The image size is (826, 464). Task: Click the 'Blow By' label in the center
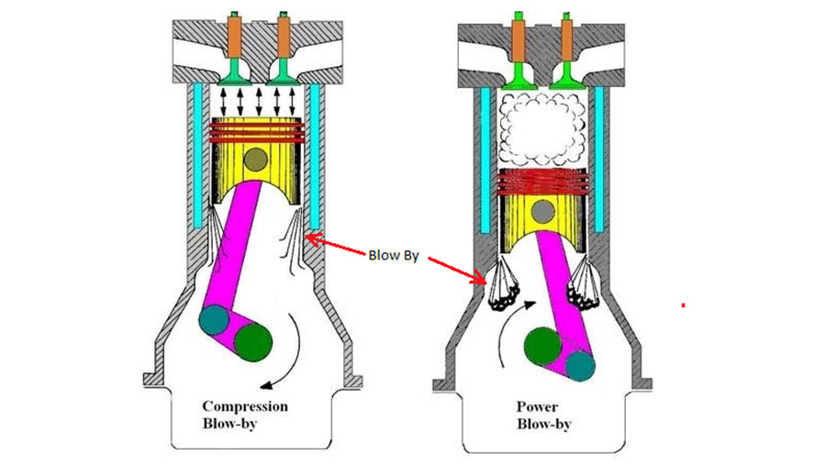pyautogui.click(x=394, y=256)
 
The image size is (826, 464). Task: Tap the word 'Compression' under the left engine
pyautogui.click(x=245, y=406)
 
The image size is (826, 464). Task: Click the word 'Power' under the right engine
pyautogui.click(x=537, y=406)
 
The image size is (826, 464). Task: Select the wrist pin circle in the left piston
pyautogui.click(x=255, y=159)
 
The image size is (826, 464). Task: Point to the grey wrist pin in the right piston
pyautogui.click(x=542, y=212)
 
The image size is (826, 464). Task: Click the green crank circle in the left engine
pyautogui.click(x=253, y=342)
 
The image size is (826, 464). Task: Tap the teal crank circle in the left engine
pyautogui.click(x=215, y=320)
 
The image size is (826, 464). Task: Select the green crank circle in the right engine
pyautogui.click(x=543, y=346)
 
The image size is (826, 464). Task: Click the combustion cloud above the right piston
pyautogui.click(x=542, y=128)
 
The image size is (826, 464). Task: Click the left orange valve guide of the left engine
pyautogui.click(x=234, y=37)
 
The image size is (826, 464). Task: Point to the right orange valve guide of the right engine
pyautogui.click(x=567, y=40)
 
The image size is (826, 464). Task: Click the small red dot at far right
pyautogui.click(x=683, y=305)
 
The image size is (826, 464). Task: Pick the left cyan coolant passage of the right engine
pyautogui.click(x=486, y=160)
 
